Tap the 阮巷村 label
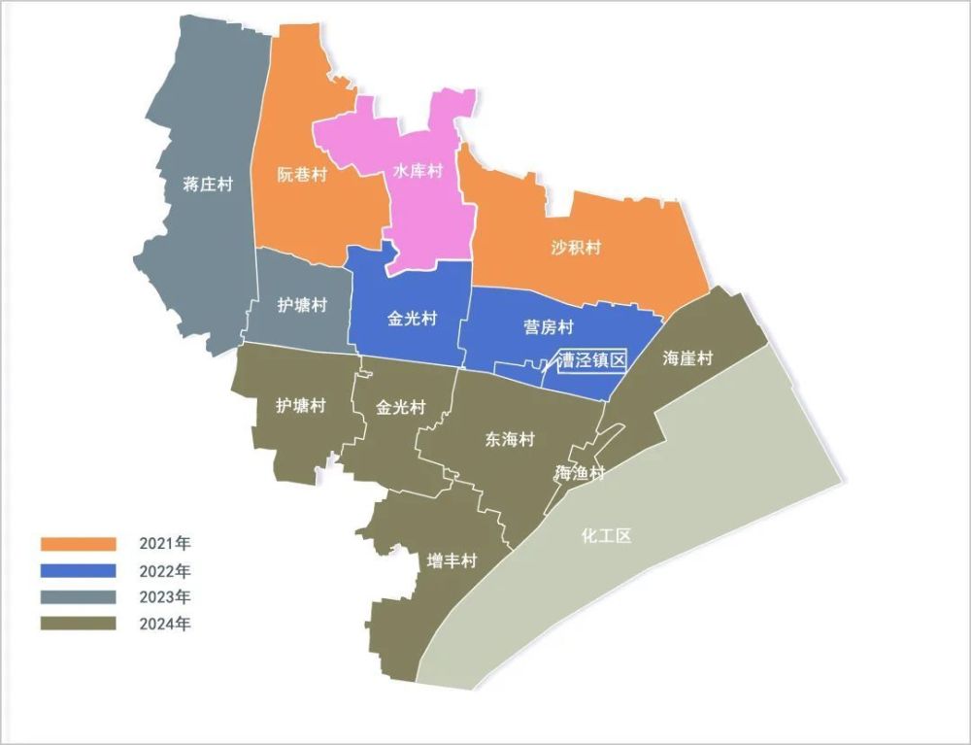tap(302, 175)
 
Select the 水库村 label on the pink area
tap(418, 171)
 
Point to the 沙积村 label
tap(576, 247)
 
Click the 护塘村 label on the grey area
tap(302, 305)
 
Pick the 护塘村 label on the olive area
tap(301, 405)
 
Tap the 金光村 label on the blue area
tap(413, 318)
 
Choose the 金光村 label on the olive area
tap(401, 407)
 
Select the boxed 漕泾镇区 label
tap(591, 360)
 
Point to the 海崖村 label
tap(687, 358)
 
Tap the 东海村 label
tap(510, 439)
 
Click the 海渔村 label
tap(580, 474)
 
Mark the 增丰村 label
tap(453, 561)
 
